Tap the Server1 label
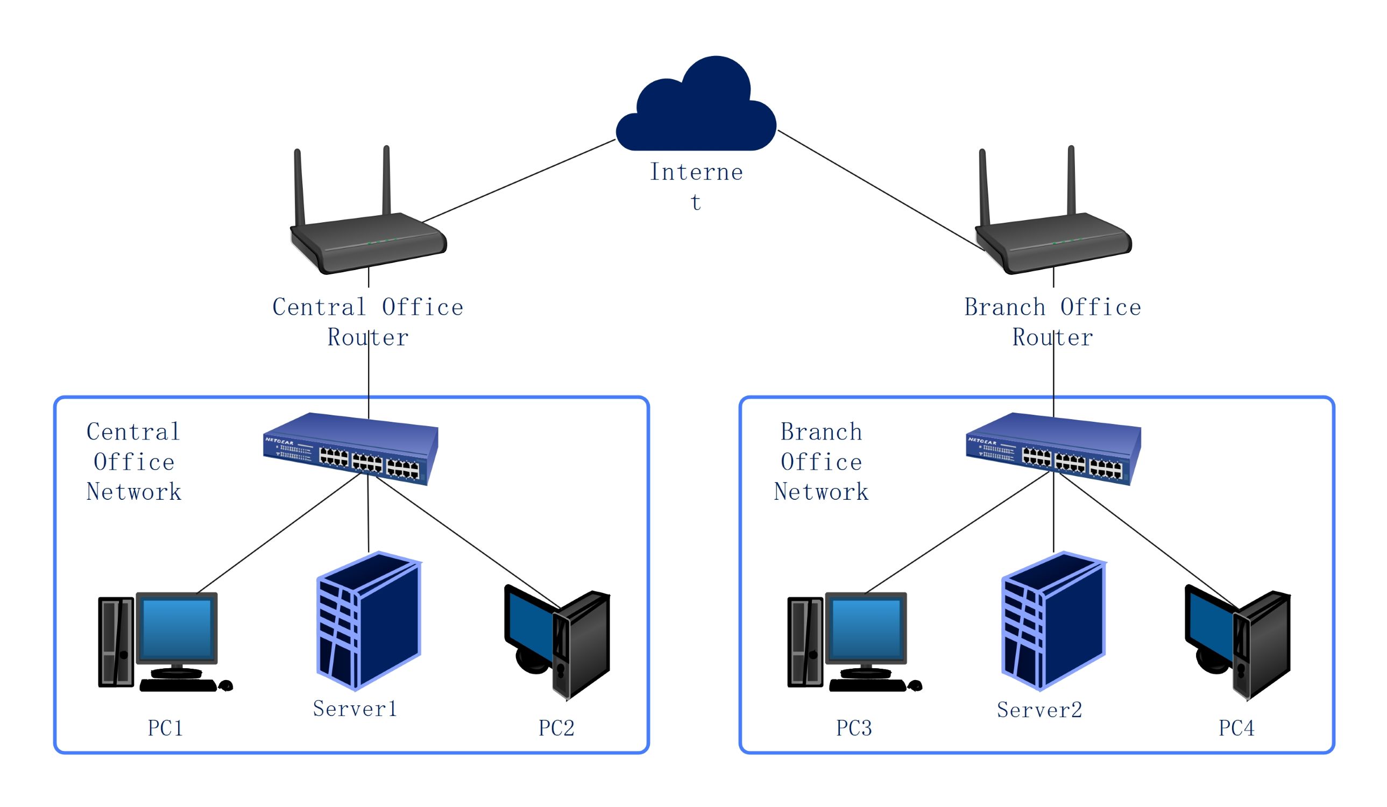tap(355, 709)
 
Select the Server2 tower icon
tap(1052, 622)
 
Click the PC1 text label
tap(165, 728)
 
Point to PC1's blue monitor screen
tap(176, 627)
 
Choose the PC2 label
tap(556, 728)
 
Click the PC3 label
tap(854, 728)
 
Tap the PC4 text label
tap(1236, 728)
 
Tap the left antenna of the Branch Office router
tap(985, 187)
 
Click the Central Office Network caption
tap(134, 462)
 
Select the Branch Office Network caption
tap(821, 462)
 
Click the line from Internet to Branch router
tap(881, 190)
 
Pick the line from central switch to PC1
tap(278, 534)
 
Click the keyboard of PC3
tap(867, 685)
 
